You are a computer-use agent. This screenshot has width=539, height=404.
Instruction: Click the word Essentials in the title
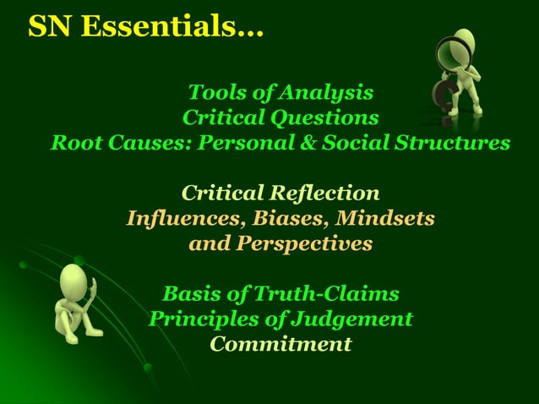coord(178,27)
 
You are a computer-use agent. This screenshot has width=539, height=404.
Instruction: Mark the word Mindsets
coord(385,218)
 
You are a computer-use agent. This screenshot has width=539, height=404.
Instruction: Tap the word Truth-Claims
coord(329,294)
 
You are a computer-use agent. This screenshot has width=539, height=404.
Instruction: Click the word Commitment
coord(280,345)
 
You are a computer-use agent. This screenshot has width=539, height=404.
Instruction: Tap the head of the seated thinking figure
coord(74,278)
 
